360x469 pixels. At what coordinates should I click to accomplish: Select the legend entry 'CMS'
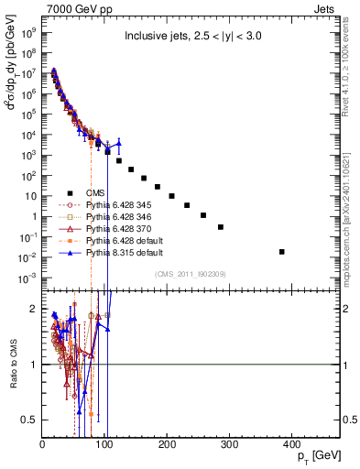[x=96, y=192]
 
